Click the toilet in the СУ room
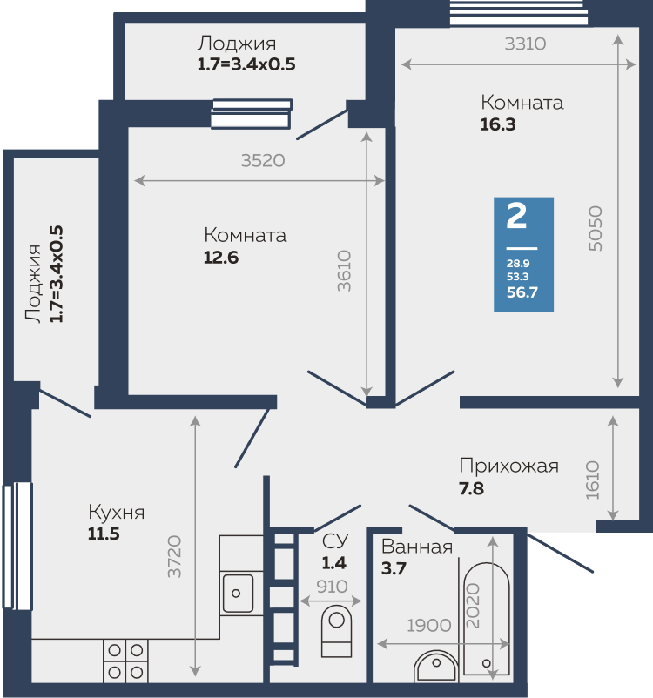(336, 631)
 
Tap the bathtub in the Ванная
(487, 619)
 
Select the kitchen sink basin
(238, 593)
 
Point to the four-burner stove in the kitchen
(125, 661)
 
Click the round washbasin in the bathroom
(435, 667)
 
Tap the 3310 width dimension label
(525, 44)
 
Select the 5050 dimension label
(595, 228)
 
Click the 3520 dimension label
(263, 160)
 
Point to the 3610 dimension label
(344, 271)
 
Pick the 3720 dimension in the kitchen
(174, 556)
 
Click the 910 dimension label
(332, 587)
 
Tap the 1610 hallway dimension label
(592, 480)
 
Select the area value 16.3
(498, 124)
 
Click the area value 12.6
(221, 258)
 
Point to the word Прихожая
(508, 466)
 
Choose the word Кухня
(117, 513)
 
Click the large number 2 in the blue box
(516, 217)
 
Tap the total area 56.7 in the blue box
(522, 292)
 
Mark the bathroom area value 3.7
(394, 568)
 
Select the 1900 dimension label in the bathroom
(429, 626)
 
